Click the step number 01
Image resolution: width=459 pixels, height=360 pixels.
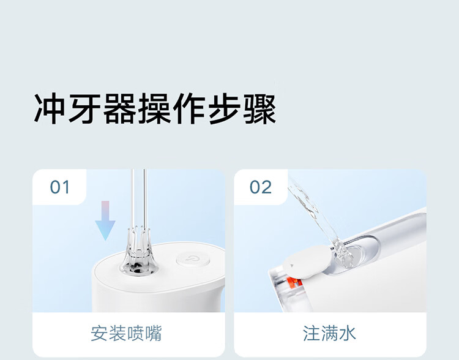[60, 187]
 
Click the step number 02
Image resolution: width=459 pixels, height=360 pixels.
[261, 187]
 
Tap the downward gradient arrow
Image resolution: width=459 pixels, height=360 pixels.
[105, 220]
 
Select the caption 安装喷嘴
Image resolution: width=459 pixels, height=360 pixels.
[126, 333]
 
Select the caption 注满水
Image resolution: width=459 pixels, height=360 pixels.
[329, 333]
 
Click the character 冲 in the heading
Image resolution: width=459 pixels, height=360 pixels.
[49, 109]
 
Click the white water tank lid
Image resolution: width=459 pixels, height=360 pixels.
[307, 261]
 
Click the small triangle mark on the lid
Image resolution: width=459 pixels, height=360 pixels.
[291, 266]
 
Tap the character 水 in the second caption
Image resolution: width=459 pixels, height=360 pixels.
[347, 333]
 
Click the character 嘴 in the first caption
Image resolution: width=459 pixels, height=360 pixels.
[153, 333]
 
